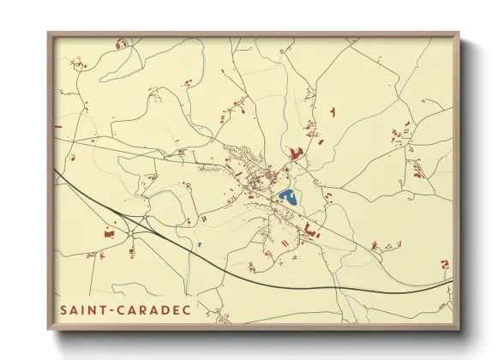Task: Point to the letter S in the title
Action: pos(64,309)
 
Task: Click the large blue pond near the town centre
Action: pos(288,197)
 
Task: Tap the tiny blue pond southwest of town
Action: pos(199,246)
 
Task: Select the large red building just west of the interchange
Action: pos(109,232)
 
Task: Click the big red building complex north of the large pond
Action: pos(297,154)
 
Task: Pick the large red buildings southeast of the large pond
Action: pos(309,229)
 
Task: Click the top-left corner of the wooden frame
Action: pos(48,33)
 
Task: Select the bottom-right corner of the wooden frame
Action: pos(459,329)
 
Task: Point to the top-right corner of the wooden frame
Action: pos(459,33)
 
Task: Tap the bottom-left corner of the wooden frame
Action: pos(48,329)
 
